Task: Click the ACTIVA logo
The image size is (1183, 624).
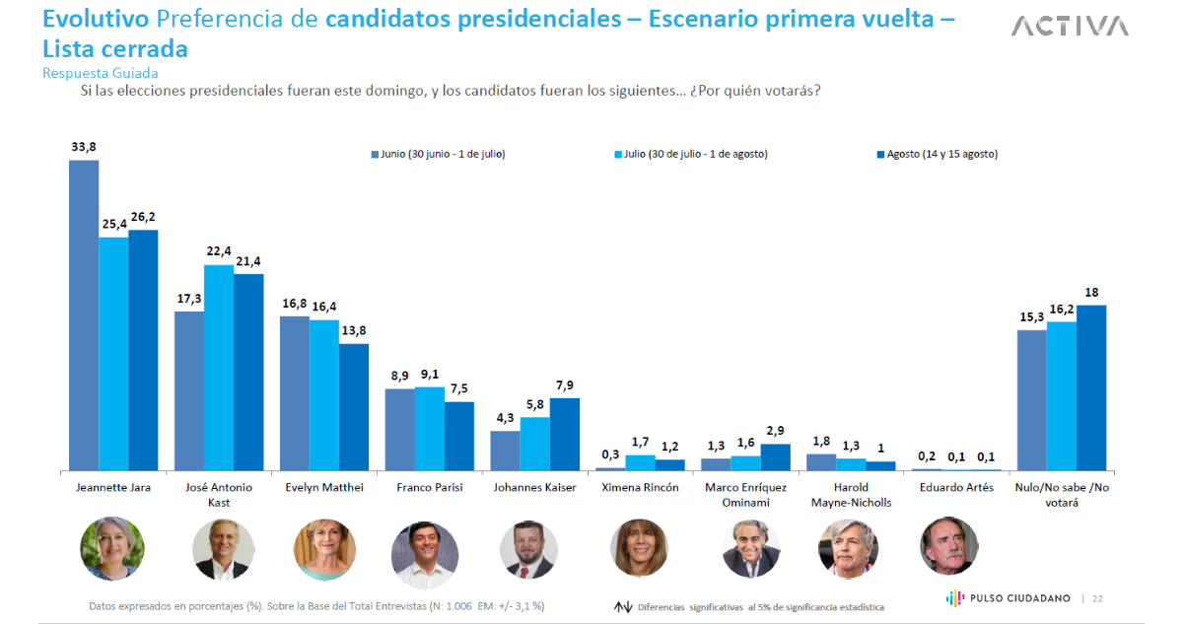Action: point(1070,26)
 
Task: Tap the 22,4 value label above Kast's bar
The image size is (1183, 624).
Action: point(219,251)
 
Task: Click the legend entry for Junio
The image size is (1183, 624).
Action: point(438,154)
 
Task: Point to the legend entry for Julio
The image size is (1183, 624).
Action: point(690,154)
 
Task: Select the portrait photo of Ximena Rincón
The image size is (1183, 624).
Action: point(640,548)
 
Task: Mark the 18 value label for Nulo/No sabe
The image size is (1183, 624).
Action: point(1091,292)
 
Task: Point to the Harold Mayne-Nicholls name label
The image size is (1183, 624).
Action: point(850,495)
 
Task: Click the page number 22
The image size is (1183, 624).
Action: point(1097,598)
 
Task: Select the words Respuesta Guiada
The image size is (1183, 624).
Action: point(101,73)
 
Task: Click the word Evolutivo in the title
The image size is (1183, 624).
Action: point(96,20)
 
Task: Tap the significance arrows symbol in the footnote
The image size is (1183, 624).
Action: point(622,606)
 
